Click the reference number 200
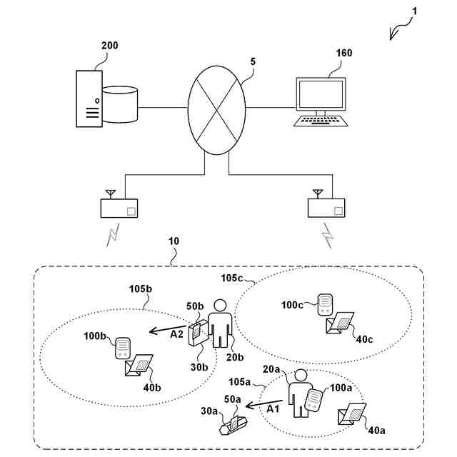point(110,46)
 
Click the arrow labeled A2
point(167,331)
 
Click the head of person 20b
point(219,305)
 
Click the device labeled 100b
point(122,348)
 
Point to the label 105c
point(232,276)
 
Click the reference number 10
point(173,241)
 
